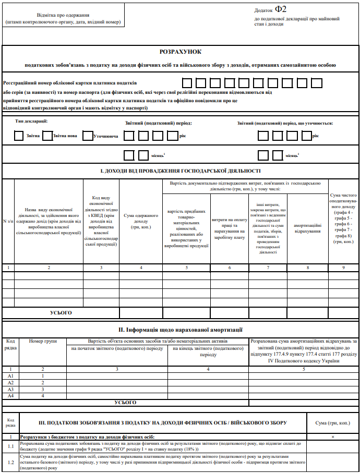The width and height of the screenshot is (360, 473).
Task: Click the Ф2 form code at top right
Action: pyautogui.click(x=281, y=9)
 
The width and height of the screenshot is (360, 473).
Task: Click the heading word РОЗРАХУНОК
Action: pyautogui.click(x=180, y=52)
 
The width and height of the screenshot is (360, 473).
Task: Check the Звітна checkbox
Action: pyautogui.click(x=20, y=136)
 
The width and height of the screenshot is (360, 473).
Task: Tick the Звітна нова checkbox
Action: pyautogui.click(x=47, y=136)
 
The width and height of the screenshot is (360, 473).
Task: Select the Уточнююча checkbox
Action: pyautogui.click(x=87, y=136)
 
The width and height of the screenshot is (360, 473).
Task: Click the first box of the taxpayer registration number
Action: pyautogui.click(x=187, y=82)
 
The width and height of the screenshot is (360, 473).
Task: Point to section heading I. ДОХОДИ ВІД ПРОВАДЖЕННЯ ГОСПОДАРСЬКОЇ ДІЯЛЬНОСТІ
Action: pyautogui.click(x=180, y=171)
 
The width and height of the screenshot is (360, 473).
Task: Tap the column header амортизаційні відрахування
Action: pyautogui.click(x=308, y=227)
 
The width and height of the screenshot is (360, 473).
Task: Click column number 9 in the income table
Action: pyautogui.click(x=343, y=267)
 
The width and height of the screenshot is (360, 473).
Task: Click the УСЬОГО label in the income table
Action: pyautogui.click(x=61, y=312)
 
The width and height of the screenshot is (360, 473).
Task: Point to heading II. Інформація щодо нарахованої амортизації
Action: pyautogui.click(x=180, y=330)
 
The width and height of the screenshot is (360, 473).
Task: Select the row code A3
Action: pyautogui.click(x=10, y=389)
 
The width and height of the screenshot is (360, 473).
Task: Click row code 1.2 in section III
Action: pyautogui.click(x=10, y=462)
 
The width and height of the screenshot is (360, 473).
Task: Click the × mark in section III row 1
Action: pyautogui.click(x=332, y=436)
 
